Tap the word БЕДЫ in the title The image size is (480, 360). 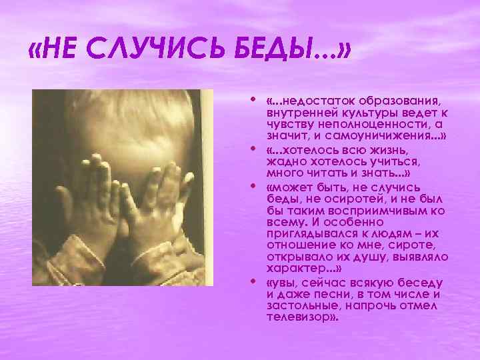point(273,51)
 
